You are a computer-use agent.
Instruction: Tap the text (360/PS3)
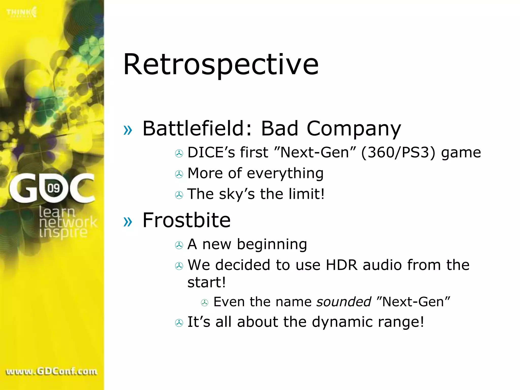[398, 153]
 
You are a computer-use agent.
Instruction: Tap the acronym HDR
[341, 265]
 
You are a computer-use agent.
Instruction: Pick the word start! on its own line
[206, 282]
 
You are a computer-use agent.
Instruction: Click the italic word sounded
[344, 302]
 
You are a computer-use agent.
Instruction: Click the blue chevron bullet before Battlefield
[128, 130]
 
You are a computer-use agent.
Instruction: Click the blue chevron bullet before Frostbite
[128, 222]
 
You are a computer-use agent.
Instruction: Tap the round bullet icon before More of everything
[179, 174]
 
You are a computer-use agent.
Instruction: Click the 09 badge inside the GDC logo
[54, 188]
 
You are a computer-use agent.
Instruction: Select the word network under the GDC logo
[68, 222]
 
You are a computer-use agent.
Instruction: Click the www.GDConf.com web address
[52, 371]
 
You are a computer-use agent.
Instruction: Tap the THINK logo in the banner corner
[22, 12]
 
